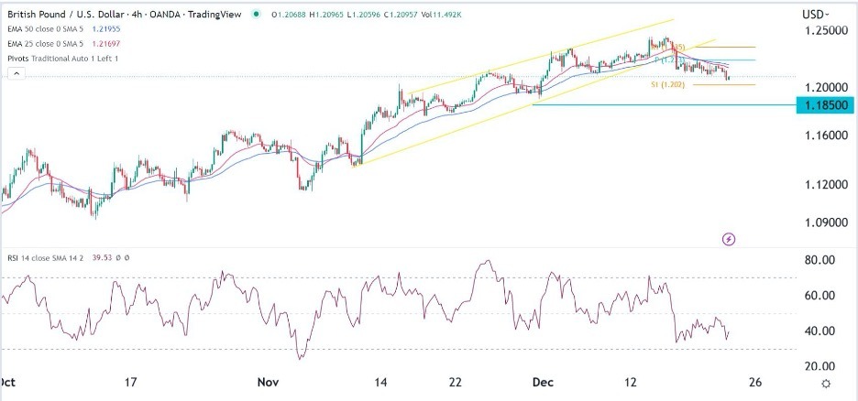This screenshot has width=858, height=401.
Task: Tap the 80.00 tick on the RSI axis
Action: [x=819, y=260]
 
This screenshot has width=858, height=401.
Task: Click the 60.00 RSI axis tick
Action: [x=819, y=295]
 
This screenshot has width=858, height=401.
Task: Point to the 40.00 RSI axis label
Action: [x=819, y=331]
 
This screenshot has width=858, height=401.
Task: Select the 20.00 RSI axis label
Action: [x=819, y=366]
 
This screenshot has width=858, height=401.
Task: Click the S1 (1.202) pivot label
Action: [x=667, y=84]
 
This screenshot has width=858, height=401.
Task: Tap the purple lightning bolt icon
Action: [x=729, y=239]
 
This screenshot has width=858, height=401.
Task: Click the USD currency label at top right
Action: [x=814, y=14]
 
